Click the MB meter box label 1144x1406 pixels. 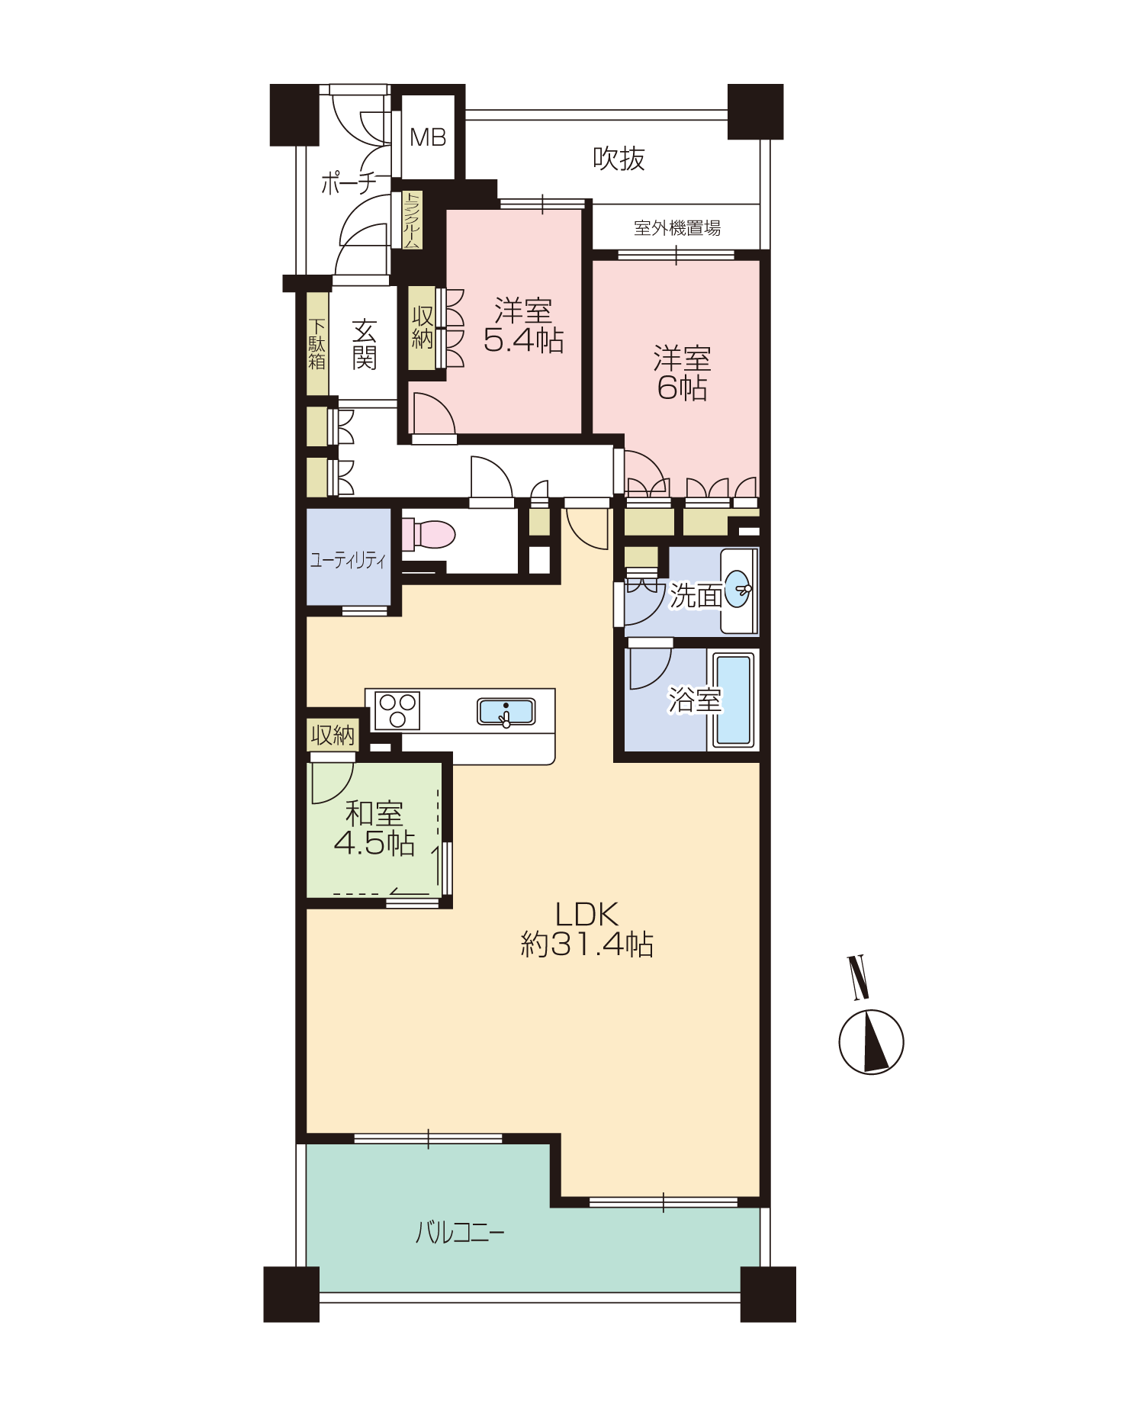tap(428, 137)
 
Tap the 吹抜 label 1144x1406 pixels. tap(619, 159)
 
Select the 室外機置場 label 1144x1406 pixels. tap(676, 227)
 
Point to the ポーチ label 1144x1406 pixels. tap(349, 183)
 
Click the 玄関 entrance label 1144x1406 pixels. tap(365, 344)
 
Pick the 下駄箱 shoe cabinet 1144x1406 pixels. tap(317, 344)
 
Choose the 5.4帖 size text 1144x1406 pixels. tap(523, 340)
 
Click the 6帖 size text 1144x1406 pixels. tap(682, 388)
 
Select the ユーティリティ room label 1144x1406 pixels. tap(348, 561)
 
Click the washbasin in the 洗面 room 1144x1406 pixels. tap(738, 590)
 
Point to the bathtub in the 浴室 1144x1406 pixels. tap(733, 699)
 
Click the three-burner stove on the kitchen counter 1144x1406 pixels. tap(397, 710)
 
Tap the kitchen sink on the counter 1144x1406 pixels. tap(506, 712)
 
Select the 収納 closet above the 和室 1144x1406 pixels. tap(333, 735)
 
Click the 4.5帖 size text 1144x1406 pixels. tap(374, 843)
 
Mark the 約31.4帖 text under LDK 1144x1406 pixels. tap(586, 944)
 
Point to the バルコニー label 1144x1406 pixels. tap(460, 1233)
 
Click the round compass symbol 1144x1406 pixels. tap(871, 1042)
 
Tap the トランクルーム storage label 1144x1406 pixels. tap(412, 220)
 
